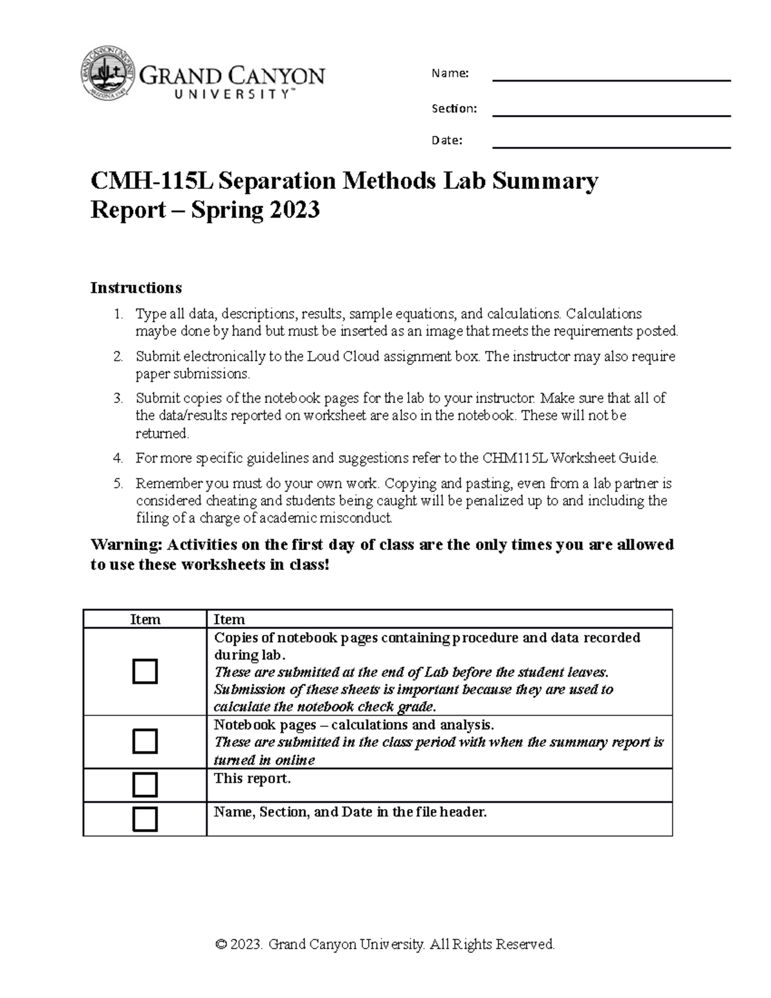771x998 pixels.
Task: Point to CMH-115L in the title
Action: (150, 182)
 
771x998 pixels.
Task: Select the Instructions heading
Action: (136, 287)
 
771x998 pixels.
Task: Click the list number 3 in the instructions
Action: (118, 398)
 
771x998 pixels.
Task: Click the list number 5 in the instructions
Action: (118, 483)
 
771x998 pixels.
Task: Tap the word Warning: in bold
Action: (127, 545)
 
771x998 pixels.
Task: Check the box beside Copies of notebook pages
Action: (145, 672)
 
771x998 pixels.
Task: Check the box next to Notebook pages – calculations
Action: (145, 742)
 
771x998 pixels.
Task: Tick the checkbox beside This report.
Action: (145, 785)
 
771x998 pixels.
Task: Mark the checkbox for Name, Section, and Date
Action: (145, 819)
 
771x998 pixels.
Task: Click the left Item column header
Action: (145, 619)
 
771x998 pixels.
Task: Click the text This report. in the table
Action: (252, 779)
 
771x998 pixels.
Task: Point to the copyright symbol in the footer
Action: (222, 944)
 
